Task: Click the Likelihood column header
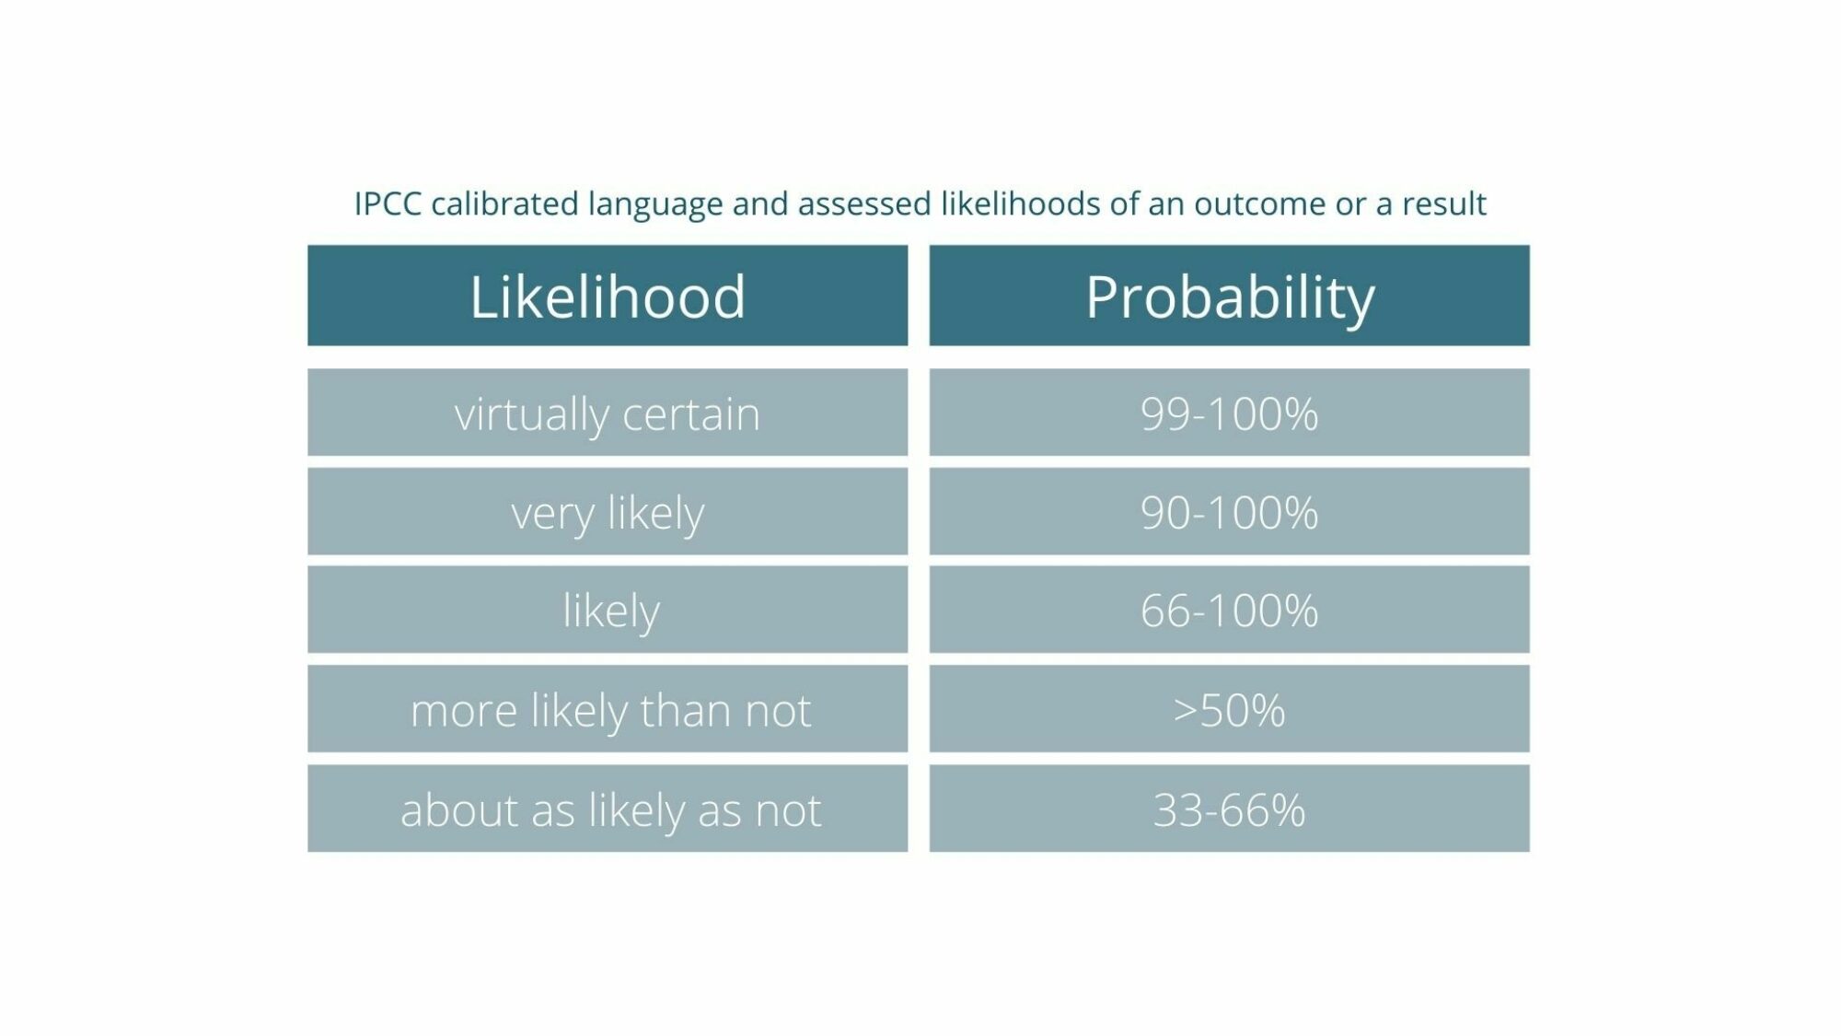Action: tap(608, 296)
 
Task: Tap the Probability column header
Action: tap(1230, 296)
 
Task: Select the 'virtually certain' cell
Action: tap(608, 413)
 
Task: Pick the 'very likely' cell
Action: tap(608, 511)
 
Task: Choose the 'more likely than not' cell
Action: tap(608, 709)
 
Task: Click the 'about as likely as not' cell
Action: tap(608, 809)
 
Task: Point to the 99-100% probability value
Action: tap(1230, 413)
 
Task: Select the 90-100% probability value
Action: tap(1230, 512)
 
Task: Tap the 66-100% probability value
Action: tap(1230, 610)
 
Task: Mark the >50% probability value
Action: tap(1230, 710)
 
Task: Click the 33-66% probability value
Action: tap(1230, 809)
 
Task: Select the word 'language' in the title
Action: tap(655, 206)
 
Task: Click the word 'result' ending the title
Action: tap(1443, 204)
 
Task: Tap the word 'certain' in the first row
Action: tap(691, 414)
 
